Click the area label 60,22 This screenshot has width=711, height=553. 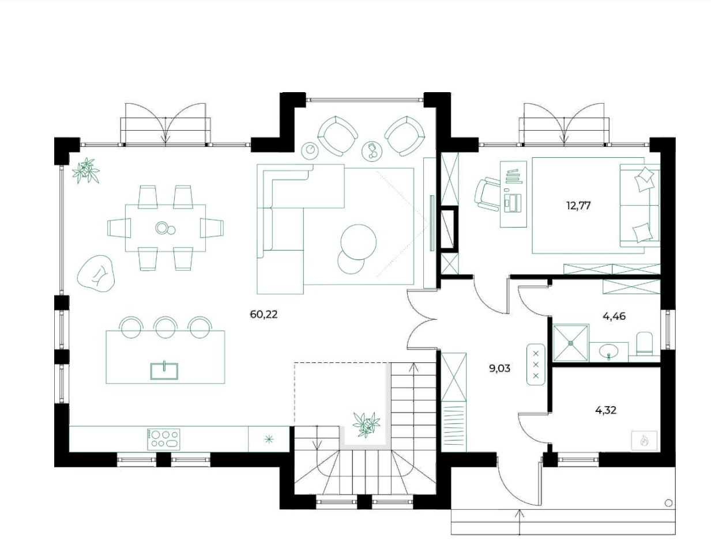264,315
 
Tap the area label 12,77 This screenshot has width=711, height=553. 578,206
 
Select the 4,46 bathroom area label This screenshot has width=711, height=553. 614,316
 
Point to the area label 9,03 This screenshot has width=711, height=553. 499,368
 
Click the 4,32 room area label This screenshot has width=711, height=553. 605,410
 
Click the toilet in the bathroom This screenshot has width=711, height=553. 645,344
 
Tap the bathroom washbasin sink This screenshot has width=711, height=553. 608,353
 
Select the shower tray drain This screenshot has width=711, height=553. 571,343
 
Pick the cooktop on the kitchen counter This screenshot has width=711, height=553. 164,439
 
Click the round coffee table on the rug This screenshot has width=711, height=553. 358,242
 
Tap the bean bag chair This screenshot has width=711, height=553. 96,273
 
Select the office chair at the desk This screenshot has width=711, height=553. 487,194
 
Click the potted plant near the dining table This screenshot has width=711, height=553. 86,171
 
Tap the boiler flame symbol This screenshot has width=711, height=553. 644,442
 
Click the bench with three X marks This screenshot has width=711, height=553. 536,364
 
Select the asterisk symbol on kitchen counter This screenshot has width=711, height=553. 269,440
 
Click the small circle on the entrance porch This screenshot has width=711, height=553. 669,503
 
